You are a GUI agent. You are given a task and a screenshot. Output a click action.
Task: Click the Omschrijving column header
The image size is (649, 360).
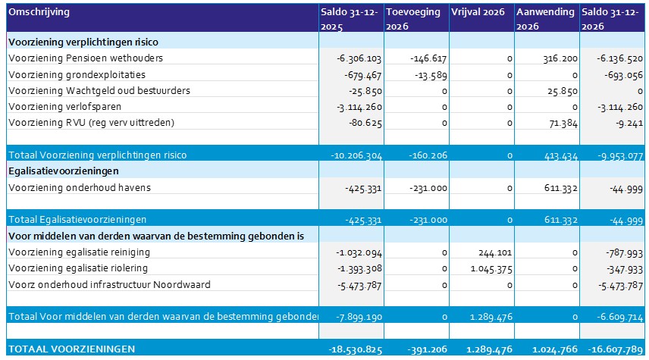(x=39, y=12)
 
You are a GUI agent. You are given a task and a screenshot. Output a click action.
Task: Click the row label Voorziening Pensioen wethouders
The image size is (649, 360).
(x=86, y=58)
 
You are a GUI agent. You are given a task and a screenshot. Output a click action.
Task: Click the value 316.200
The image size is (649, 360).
(x=560, y=58)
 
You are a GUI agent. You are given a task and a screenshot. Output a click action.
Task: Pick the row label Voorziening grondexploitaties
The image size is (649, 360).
(x=77, y=74)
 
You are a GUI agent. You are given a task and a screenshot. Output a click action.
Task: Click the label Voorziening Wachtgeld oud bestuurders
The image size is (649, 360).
(x=99, y=90)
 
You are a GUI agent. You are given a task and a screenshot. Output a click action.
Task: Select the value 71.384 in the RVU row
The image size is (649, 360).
(x=562, y=123)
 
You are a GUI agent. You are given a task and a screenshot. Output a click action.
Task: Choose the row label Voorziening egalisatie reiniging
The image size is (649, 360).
(x=79, y=252)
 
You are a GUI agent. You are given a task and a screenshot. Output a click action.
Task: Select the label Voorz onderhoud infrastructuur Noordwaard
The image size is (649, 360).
(x=109, y=284)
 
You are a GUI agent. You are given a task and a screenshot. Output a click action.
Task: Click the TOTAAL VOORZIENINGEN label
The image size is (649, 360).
(x=72, y=349)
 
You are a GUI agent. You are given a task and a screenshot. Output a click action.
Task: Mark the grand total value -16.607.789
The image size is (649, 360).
(x=614, y=349)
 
